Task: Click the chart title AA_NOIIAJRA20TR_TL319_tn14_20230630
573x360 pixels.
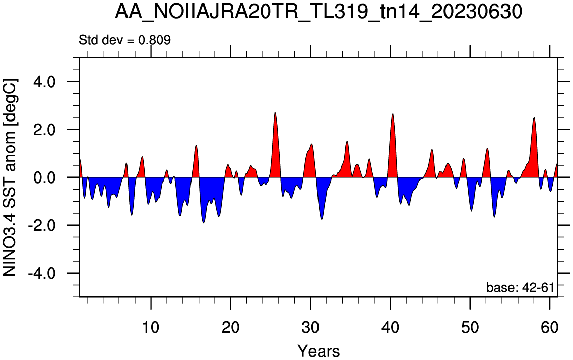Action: coord(319,12)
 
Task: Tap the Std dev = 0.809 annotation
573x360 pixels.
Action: coord(124,40)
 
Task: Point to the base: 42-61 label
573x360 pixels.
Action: coord(520,287)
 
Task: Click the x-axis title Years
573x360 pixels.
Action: coord(319,351)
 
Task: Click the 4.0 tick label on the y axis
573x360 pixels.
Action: coord(44,82)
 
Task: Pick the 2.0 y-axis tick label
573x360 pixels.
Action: coord(44,130)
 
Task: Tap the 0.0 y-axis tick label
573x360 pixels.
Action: coord(44,177)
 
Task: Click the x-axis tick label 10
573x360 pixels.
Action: coord(151,327)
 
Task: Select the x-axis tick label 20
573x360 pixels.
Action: coord(231,327)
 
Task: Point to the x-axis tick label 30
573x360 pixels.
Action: coord(310,327)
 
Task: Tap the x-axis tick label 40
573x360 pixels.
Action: coord(390,327)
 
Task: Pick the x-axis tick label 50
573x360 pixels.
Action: coord(470,327)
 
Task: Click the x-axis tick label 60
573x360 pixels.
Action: coord(550,327)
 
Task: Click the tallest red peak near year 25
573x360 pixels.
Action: coord(275,112)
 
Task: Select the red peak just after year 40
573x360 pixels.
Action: coord(393,114)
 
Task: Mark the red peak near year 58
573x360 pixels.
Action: coord(534,118)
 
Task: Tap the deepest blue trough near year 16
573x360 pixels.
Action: coord(204,222)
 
